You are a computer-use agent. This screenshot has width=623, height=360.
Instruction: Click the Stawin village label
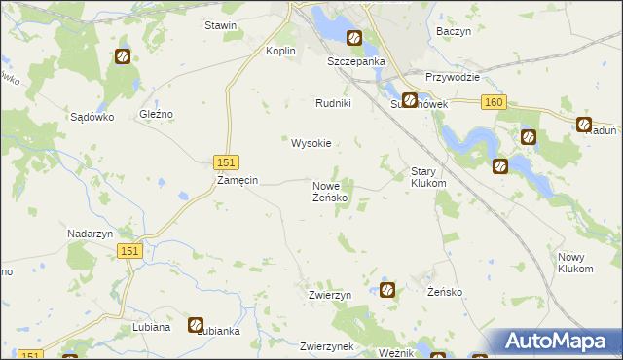point(220,25)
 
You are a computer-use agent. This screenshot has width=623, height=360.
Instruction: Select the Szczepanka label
point(356,60)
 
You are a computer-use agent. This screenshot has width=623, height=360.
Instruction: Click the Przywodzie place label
point(454,77)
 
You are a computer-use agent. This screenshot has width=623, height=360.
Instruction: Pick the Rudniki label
point(333,103)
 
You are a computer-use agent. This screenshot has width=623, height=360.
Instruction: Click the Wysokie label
point(311,143)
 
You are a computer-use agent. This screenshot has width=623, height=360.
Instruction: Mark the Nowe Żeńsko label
point(330,191)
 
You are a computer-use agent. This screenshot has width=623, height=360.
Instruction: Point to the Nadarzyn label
point(92,234)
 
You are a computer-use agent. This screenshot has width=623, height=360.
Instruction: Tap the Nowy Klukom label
point(575,262)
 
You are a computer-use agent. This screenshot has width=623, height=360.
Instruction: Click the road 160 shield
point(494,102)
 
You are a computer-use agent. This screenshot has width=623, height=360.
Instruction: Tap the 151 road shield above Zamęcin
point(225,162)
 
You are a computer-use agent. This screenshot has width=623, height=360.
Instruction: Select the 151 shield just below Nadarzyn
point(132,251)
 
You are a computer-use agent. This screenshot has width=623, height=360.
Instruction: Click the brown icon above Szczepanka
point(354,38)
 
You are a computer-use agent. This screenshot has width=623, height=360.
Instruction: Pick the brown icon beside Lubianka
point(196,324)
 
